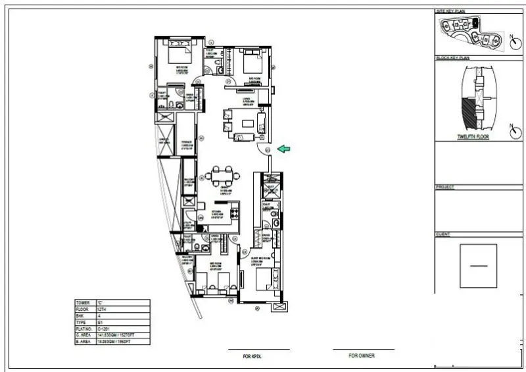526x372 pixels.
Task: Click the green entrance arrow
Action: coord(284,149)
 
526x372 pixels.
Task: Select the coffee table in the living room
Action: coord(249,122)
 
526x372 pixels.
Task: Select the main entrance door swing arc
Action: coord(262,147)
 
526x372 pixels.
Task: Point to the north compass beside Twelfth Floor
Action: coord(513,131)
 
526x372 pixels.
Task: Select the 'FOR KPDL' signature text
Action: coord(252,356)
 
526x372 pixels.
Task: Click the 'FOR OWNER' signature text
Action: coord(362,355)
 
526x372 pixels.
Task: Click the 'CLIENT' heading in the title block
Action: coord(442,234)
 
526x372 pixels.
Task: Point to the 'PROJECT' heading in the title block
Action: coord(444,187)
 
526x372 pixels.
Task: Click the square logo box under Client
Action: coord(478,265)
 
